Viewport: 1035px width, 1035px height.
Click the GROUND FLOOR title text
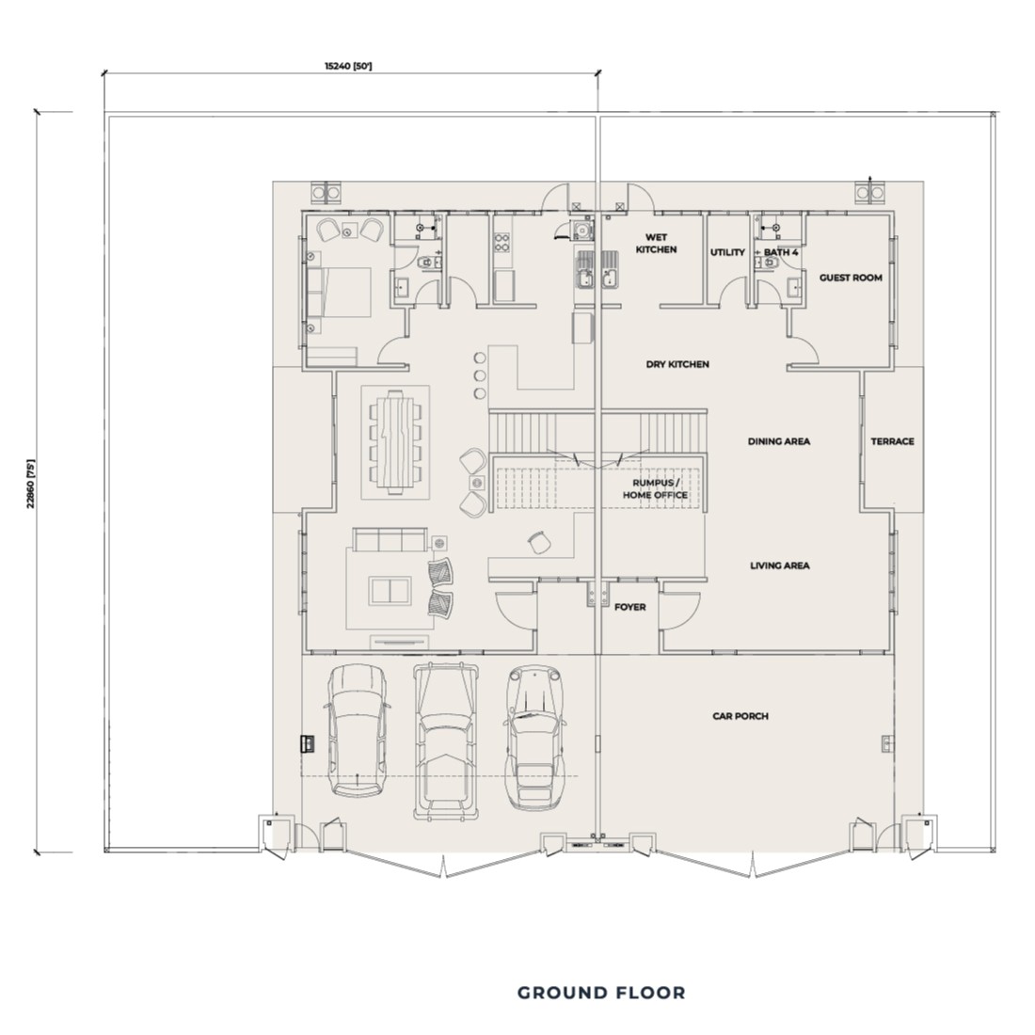pyautogui.click(x=601, y=993)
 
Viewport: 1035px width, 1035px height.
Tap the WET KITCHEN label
pyautogui.click(x=656, y=244)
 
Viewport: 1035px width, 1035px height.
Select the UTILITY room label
pyautogui.click(x=727, y=252)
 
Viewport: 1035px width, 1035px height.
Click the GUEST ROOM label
pyautogui.click(x=850, y=278)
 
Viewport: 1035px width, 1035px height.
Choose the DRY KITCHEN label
pyautogui.click(x=677, y=364)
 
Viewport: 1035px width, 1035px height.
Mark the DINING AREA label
pyautogui.click(x=778, y=441)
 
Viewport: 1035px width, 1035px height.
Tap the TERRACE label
pyautogui.click(x=891, y=441)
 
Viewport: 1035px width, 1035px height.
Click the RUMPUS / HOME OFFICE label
pyautogui.click(x=660, y=488)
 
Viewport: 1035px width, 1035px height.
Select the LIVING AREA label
pyautogui.click(x=779, y=565)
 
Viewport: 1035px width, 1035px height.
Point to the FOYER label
pyautogui.click(x=629, y=607)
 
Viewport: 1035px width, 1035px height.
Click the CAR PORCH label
pyautogui.click(x=740, y=716)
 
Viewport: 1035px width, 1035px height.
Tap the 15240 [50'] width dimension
pyautogui.click(x=348, y=66)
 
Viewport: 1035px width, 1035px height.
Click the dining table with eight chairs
pyautogui.click(x=396, y=442)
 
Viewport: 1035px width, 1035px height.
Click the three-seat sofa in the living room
pyautogui.click(x=389, y=540)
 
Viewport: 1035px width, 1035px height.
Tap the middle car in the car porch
pyautogui.click(x=447, y=738)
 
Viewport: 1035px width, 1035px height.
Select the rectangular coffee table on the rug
pyautogui.click(x=390, y=591)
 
